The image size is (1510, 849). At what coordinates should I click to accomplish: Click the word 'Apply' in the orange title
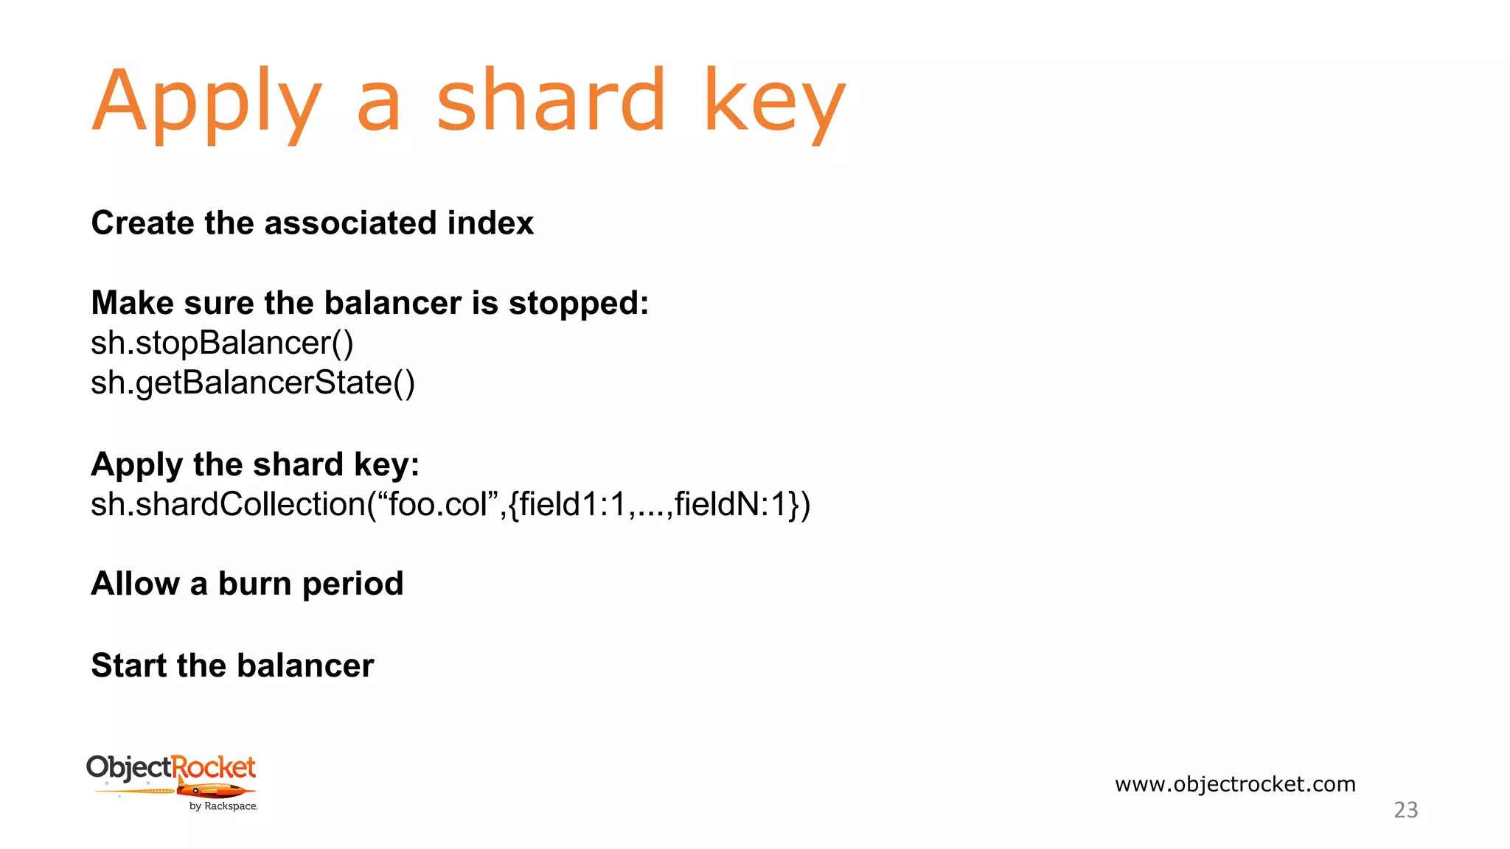point(206,103)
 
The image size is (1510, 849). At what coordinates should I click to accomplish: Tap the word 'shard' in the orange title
point(551,99)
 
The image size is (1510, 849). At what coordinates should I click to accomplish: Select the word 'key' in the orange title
point(774,103)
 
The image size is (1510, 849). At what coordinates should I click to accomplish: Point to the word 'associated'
point(349,223)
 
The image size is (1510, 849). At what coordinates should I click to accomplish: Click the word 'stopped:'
point(578,304)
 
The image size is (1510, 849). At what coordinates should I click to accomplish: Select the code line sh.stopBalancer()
point(222,343)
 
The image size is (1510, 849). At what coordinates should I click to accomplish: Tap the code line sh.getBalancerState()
point(253,383)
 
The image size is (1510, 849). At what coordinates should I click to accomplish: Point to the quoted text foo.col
point(438,505)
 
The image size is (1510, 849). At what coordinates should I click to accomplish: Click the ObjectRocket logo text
point(171,768)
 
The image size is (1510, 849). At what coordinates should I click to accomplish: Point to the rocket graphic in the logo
point(214,792)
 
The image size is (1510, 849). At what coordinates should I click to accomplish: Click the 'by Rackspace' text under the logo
point(223,806)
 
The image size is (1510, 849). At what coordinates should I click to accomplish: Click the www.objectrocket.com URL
point(1235,784)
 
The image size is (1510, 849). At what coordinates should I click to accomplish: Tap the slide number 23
point(1405,810)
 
